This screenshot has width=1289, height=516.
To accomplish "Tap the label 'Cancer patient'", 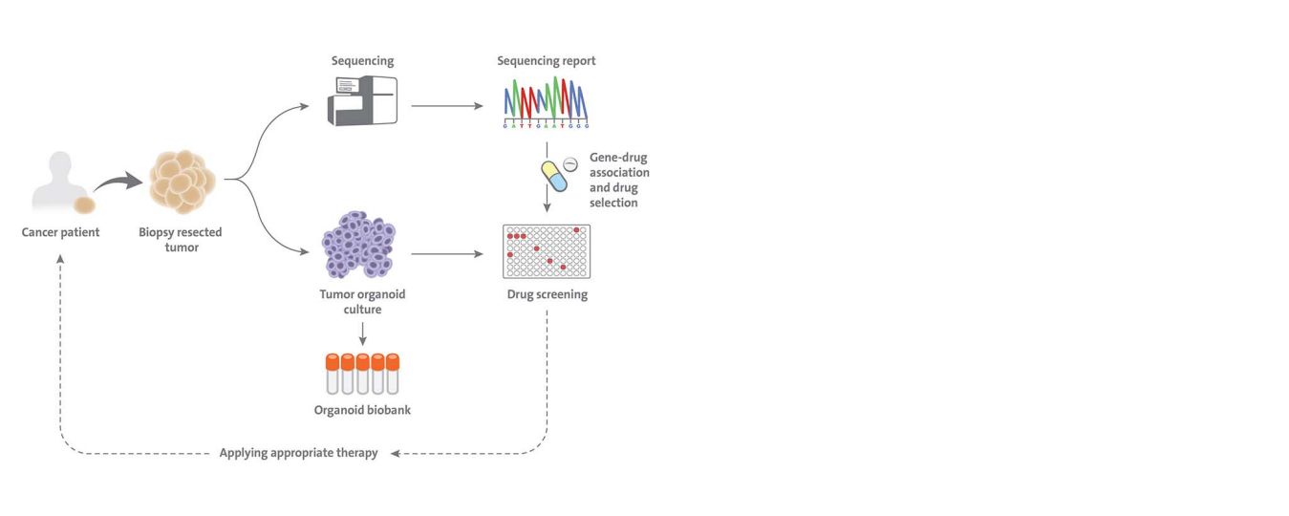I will coord(61,232).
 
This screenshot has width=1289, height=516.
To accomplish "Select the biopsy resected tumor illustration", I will coord(183,182).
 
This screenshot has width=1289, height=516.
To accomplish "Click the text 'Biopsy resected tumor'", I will coord(182,240).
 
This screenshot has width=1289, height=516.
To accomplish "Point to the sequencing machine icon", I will coord(362,100).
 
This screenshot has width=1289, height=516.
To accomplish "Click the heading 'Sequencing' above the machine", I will coord(362,61).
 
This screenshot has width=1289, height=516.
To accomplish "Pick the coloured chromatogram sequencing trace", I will coord(546,100).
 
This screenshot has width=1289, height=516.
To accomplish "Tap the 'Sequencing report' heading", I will coord(546,61).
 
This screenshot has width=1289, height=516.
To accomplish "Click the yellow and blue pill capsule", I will coord(555,176).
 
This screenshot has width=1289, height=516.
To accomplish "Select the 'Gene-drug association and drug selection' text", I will coord(619,180).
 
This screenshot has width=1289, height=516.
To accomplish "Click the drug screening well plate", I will coord(546,251).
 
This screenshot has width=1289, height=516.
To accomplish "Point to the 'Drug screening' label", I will coord(547,294).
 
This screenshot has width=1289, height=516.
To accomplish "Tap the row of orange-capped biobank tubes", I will coord(362,374).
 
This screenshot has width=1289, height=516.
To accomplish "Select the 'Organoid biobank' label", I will coord(362,411).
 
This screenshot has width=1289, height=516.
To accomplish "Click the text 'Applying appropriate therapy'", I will coord(298,453).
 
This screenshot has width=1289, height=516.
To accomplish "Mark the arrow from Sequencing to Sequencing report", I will coord(446,105).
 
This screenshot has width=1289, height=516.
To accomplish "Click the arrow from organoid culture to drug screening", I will coord(446,254).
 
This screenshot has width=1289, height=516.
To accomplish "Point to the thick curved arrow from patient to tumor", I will coord(118,182).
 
